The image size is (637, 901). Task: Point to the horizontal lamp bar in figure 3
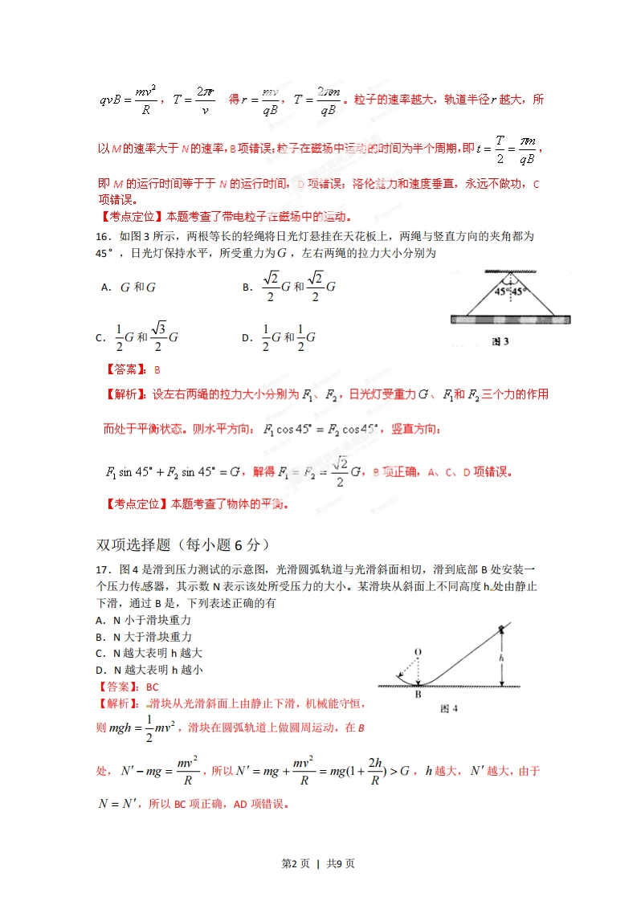[511, 319]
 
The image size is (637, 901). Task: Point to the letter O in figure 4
[418, 651]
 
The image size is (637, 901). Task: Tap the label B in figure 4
[418, 695]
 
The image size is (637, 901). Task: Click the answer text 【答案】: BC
[127, 687]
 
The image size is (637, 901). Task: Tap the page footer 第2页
[295, 864]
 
